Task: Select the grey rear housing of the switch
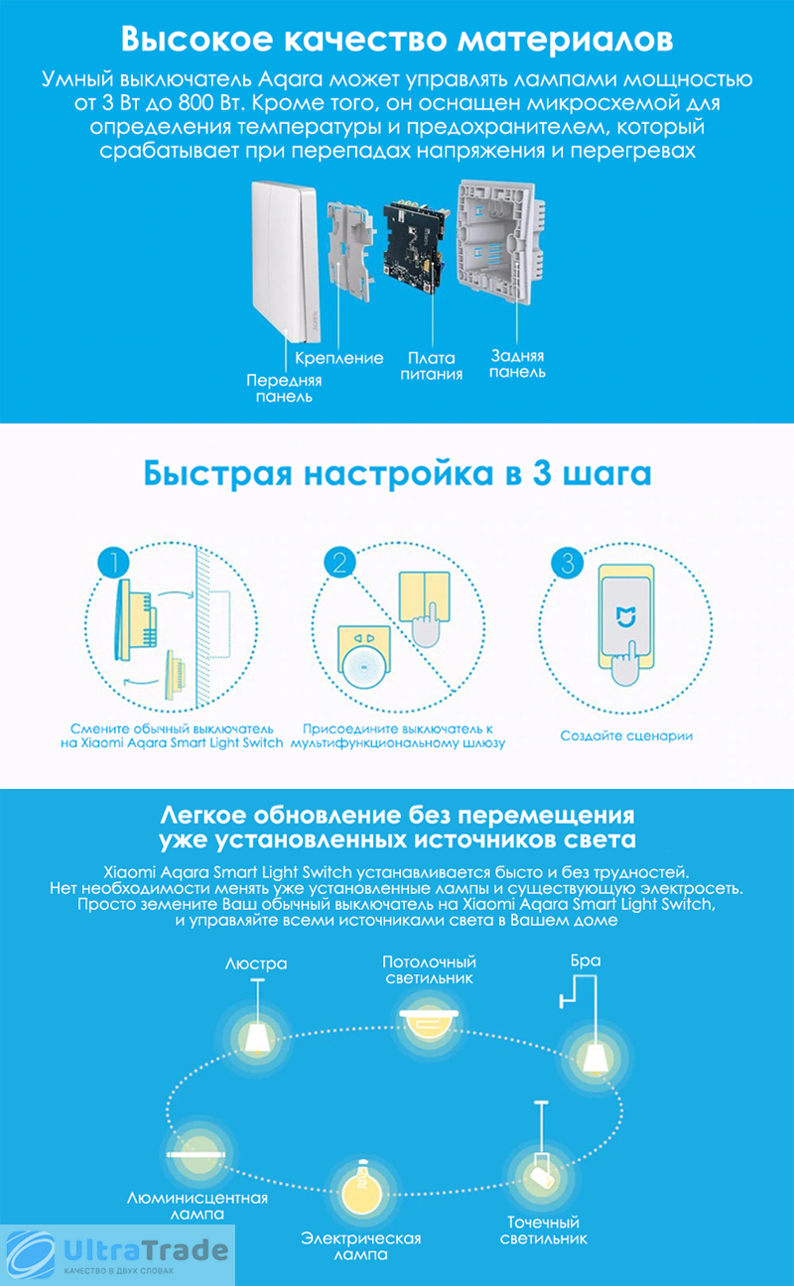click(500, 241)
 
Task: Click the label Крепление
click(339, 358)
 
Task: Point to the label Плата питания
click(431, 366)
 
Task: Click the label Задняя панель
click(517, 364)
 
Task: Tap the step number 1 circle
click(114, 562)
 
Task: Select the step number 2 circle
click(339, 562)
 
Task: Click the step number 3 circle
click(568, 564)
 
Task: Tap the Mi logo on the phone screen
click(626, 616)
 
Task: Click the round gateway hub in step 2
click(364, 667)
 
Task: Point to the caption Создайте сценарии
click(626, 735)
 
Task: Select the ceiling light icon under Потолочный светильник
click(429, 1022)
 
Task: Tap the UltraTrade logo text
click(145, 1250)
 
